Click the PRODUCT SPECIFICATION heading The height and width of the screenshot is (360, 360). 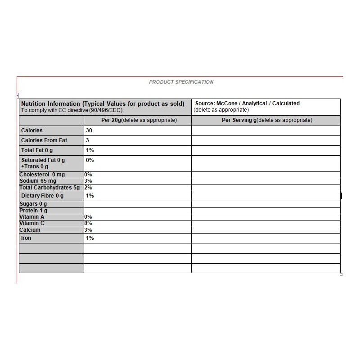(181, 82)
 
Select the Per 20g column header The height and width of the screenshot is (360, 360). (138, 120)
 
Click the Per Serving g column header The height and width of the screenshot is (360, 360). (267, 120)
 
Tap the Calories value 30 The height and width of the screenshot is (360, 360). (89, 130)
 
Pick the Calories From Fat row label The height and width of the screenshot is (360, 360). (44, 140)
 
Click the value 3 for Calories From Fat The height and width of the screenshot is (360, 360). (88, 140)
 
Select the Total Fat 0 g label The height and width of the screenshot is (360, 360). (37, 150)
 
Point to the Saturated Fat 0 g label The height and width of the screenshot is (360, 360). (43, 160)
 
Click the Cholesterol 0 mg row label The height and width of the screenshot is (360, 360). (42, 175)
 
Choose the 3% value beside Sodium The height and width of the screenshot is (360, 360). (88, 181)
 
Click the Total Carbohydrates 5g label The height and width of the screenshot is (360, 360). (49, 187)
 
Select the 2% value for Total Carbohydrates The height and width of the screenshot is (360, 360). (88, 187)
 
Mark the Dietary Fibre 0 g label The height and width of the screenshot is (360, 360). (42, 196)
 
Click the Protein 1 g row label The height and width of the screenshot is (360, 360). (33, 211)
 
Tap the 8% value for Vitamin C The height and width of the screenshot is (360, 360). (88, 223)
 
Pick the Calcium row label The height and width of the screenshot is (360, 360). (30, 230)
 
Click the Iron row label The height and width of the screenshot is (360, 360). (26, 238)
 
